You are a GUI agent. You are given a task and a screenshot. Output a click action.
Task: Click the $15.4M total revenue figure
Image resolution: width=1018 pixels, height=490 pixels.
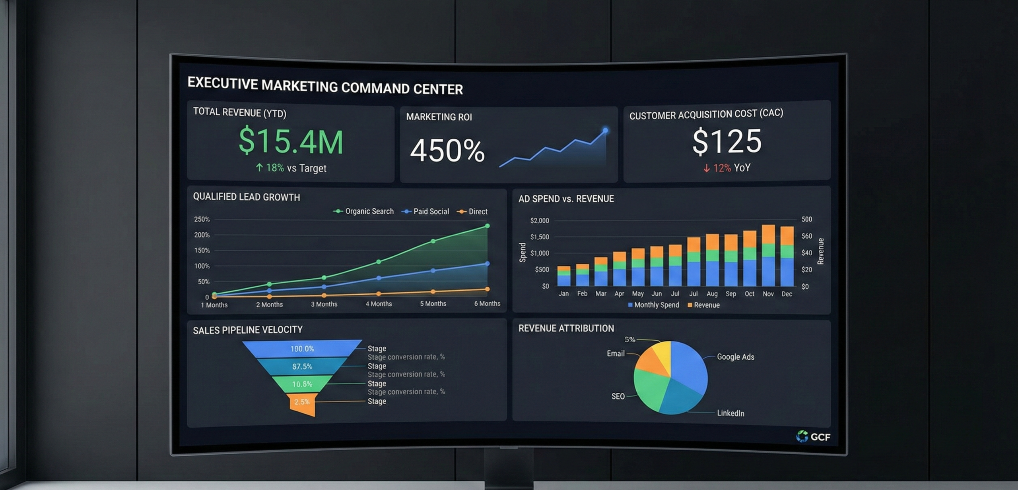(291, 141)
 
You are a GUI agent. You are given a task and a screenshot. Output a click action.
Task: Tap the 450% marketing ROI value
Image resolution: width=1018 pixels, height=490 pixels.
(447, 151)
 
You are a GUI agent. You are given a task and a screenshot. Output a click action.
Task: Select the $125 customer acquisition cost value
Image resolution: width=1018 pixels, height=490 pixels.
(727, 141)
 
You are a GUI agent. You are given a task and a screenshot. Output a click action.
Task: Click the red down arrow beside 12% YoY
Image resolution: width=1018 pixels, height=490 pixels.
(706, 168)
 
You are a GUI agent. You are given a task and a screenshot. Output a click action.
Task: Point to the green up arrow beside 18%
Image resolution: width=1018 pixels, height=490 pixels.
(259, 168)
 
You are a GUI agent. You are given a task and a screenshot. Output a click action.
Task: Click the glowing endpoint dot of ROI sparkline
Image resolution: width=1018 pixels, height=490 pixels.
(605, 130)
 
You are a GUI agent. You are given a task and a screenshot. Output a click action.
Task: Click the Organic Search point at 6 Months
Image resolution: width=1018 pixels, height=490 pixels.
(487, 226)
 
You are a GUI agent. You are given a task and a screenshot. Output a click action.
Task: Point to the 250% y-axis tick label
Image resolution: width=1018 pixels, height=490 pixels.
(202, 219)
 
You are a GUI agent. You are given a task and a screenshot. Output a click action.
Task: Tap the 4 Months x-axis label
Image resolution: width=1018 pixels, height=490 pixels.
(379, 304)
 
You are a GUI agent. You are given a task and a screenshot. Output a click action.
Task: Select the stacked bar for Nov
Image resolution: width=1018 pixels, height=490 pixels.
(768, 256)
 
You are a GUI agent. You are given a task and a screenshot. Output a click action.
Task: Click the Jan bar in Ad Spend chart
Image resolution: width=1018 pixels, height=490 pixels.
(563, 276)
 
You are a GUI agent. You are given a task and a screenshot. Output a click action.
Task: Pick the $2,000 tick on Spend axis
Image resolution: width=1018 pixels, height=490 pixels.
(539, 220)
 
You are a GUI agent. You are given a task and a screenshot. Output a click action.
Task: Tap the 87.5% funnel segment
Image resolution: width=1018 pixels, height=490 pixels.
(302, 367)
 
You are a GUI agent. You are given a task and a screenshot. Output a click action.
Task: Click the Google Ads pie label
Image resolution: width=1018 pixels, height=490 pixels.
(735, 357)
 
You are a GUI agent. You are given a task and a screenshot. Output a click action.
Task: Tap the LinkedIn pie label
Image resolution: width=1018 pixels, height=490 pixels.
(730, 413)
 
